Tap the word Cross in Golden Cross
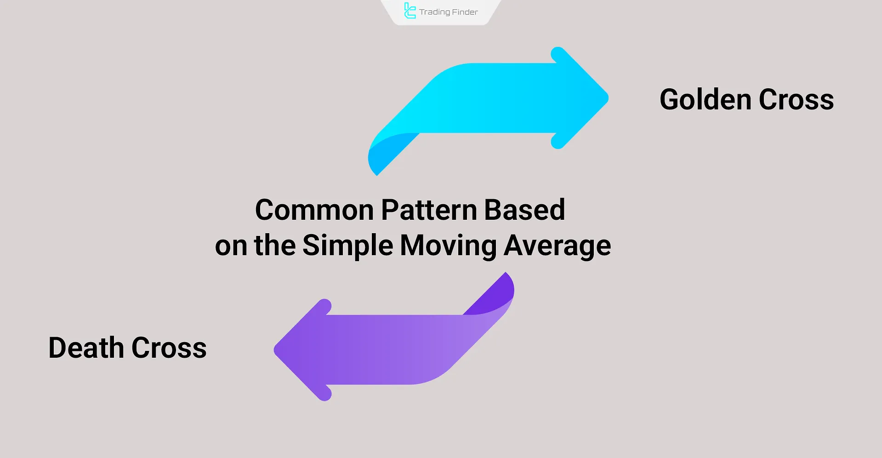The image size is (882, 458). point(796,100)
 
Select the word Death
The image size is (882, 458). point(86,348)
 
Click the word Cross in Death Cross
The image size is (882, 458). point(169,348)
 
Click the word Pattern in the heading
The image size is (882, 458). point(428,210)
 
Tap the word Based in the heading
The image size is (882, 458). point(524,210)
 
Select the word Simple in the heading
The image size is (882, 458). point(347,245)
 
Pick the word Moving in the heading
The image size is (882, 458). point(448,246)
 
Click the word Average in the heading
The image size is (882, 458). point(557,246)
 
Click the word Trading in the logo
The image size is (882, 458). point(434,12)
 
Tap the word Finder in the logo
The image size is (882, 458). point(465,12)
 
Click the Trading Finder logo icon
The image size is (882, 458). point(410,11)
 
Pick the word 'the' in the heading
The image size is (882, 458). point(274,245)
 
